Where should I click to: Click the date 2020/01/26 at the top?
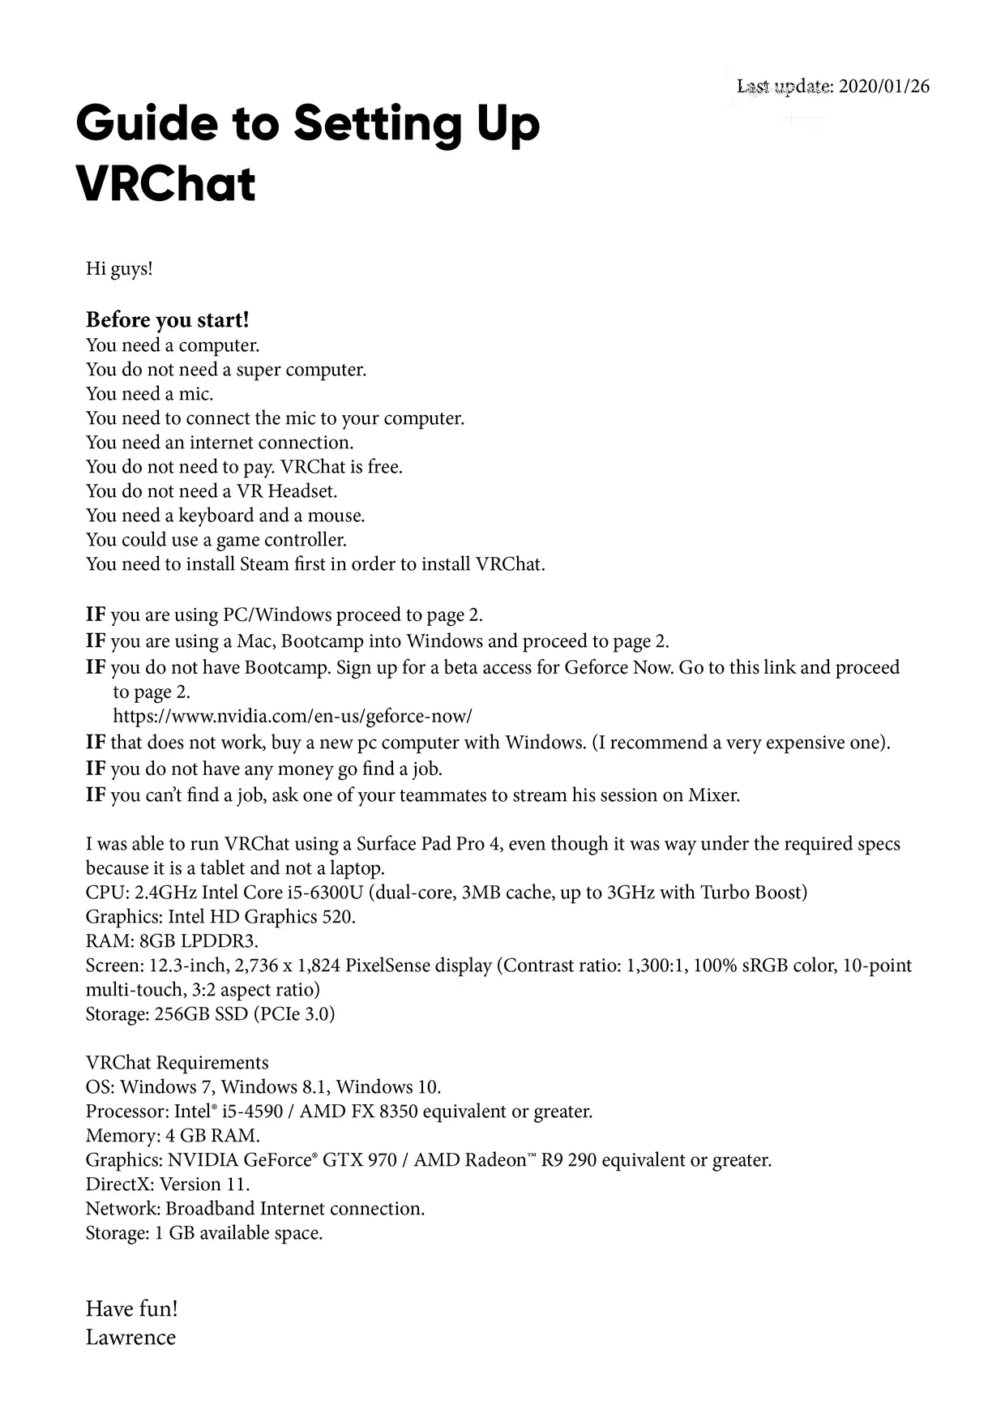point(883,86)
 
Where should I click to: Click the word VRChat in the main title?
point(165,184)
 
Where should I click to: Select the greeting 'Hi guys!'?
point(119,268)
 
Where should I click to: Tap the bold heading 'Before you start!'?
point(167,319)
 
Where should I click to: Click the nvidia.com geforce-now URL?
point(292,717)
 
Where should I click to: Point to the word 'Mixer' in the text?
point(712,795)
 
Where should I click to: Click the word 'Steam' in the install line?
point(264,564)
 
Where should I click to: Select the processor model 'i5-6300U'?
point(324,893)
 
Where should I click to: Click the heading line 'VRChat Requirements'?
point(177,1063)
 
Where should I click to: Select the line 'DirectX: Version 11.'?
point(168,1184)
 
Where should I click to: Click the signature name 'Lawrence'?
point(130,1337)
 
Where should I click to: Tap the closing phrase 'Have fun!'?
point(131,1308)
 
